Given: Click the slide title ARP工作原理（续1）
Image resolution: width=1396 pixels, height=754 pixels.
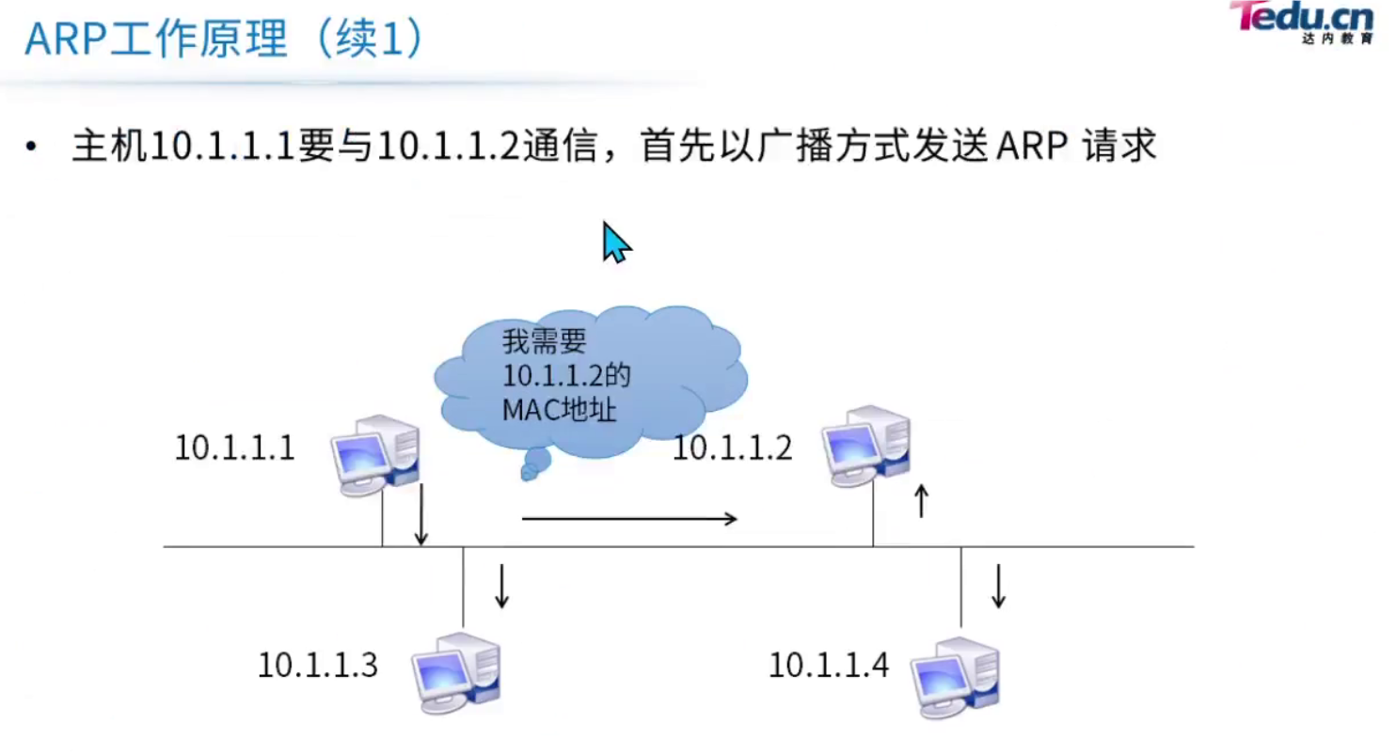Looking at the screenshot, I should [x=225, y=40].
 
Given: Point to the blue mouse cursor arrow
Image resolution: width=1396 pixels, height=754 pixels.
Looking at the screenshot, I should [x=615, y=242].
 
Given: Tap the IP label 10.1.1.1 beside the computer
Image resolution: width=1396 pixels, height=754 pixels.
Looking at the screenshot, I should [x=234, y=448].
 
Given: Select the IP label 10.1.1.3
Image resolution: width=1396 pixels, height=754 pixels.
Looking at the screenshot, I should [x=318, y=666].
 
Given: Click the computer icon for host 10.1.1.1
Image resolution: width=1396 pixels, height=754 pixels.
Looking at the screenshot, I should [x=375, y=453].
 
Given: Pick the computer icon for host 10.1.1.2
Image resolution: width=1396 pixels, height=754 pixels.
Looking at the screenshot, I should [x=865, y=444].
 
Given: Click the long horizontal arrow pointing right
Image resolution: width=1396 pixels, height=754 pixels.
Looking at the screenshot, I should [x=628, y=518].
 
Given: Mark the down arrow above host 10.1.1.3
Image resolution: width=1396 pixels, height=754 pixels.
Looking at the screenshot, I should [x=501, y=586].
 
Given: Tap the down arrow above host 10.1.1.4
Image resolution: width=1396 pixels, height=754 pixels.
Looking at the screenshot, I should [x=998, y=586].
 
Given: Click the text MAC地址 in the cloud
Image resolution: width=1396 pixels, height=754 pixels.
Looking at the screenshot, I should [x=561, y=410].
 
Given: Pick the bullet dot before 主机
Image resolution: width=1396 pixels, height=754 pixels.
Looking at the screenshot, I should [x=33, y=148].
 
